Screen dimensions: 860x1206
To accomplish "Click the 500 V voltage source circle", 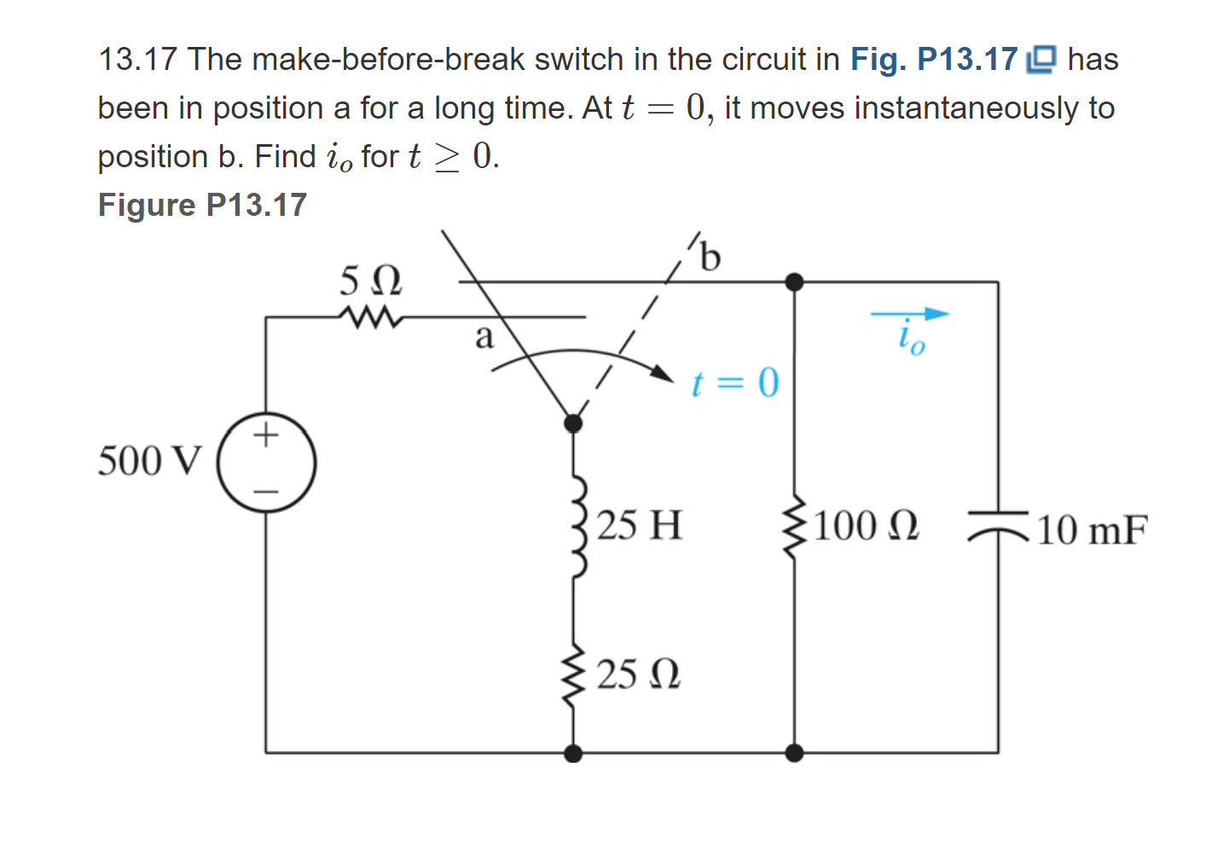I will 266,462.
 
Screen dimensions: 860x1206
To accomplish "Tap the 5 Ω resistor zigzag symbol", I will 369,317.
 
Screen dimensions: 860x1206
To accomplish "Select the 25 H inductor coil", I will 576,527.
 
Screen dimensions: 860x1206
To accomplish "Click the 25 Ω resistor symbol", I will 573,673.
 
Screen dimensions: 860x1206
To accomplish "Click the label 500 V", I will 150,462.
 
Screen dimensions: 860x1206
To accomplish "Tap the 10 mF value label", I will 1092,530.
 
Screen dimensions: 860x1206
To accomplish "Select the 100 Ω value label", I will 867,526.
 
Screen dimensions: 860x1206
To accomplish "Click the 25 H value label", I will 640,526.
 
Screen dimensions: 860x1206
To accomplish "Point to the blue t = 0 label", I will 734,383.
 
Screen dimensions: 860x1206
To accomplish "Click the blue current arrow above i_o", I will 910,314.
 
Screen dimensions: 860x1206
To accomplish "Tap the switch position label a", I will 484,338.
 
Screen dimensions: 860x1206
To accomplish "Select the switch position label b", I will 710,256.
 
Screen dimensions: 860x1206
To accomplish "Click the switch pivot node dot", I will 573,423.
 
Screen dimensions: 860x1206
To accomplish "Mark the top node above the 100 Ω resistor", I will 794,282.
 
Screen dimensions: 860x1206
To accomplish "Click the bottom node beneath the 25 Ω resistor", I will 573,752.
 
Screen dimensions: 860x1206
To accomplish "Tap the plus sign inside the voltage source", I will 266,435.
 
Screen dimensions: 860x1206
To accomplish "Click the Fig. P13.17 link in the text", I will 934,60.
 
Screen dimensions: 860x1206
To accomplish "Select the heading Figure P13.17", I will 202,205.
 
